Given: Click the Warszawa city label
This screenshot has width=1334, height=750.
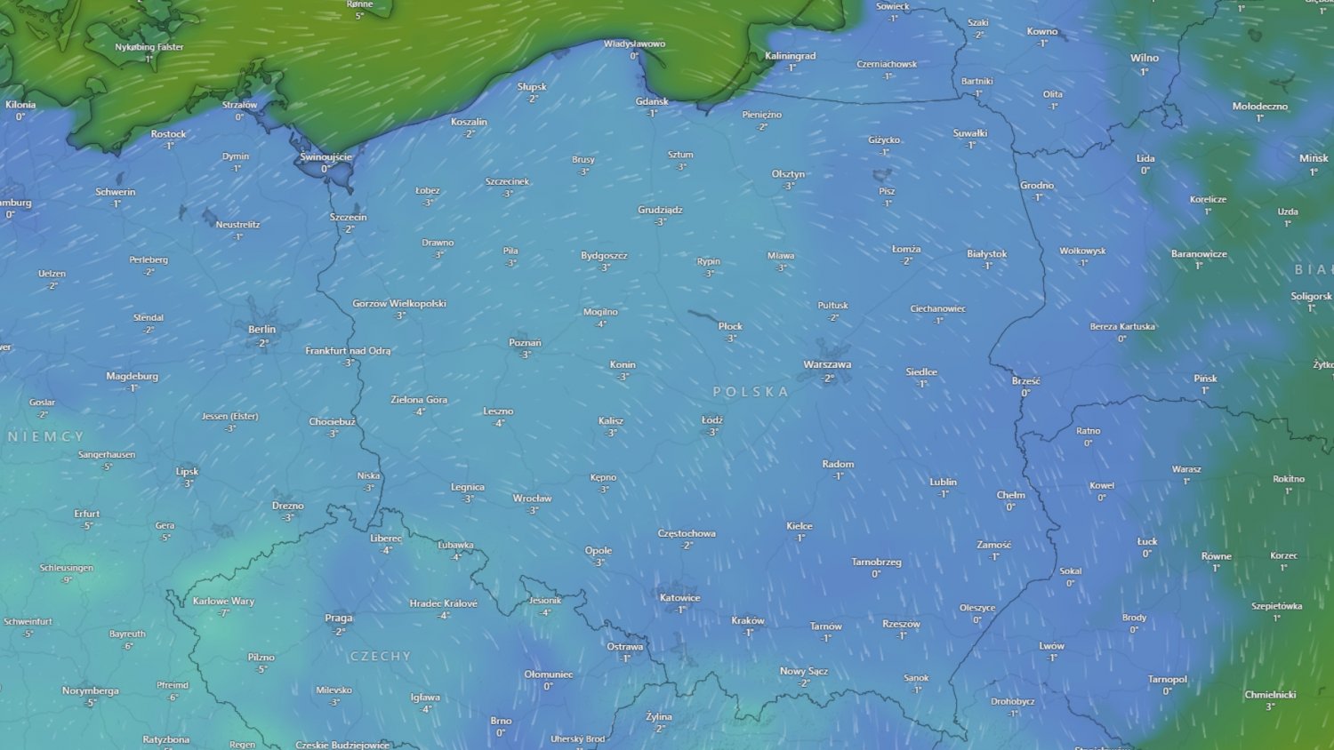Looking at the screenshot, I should coord(827,364).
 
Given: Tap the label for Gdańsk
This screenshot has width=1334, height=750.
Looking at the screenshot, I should coord(652,101).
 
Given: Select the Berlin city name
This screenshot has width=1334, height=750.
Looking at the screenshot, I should coord(261,329).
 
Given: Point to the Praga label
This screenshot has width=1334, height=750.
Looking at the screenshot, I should coord(339,618).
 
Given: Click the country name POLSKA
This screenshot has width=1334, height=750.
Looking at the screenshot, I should coord(751,391).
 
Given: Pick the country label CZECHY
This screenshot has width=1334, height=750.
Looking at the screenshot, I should coord(381,656).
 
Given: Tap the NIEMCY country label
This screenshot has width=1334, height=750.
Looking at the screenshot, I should coord(46,436).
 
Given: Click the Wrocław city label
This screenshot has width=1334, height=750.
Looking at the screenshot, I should coord(532,498).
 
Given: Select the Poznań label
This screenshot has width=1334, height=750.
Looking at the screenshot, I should coord(525,342).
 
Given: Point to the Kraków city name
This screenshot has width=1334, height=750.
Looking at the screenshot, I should coord(747,620).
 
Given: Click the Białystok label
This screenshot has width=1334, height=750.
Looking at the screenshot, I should coord(986,253).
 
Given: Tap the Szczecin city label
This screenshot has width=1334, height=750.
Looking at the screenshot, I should coord(348,217).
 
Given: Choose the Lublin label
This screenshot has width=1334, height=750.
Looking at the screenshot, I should coord(943,482).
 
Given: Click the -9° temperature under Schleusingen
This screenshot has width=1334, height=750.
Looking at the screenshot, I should coord(67,580).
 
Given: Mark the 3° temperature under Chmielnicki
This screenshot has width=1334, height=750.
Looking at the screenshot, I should coord(1270,707).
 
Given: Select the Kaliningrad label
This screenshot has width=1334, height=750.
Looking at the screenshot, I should coord(790,56).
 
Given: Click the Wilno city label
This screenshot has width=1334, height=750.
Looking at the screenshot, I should coord(1144,58).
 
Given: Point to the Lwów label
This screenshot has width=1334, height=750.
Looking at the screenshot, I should coord(1051,646).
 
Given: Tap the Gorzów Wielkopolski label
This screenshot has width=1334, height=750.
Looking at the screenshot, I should coord(399,303).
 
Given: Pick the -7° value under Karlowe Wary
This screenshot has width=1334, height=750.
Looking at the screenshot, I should coord(223,613).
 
